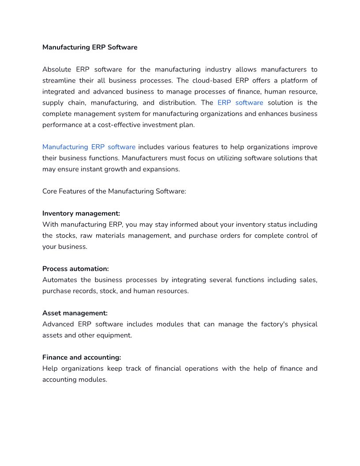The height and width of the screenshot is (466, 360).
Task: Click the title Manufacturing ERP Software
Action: coord(90,47)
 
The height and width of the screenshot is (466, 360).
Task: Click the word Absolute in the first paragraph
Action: coord(57,69)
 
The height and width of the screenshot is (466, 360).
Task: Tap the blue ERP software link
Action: coord(240,102)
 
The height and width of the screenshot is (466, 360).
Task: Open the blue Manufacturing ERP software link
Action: coord(89,147)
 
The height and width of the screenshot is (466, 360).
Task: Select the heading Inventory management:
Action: coord(81,213)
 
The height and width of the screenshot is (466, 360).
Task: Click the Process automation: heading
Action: coord(75,269)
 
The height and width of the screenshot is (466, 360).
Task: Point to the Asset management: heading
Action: coord(75,313)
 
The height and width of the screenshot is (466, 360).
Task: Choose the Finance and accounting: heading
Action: coord(82,357)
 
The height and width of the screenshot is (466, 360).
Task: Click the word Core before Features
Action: coord(50,191)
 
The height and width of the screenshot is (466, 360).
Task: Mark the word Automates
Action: coord(60,280)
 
